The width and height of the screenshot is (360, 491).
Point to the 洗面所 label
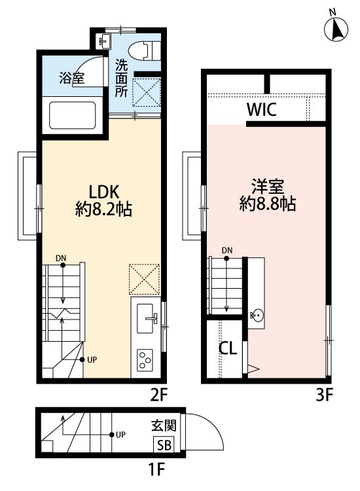tap(122, 78)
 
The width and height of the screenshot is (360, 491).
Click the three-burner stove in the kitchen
tap(145, 360)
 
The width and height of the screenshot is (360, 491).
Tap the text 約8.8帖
tap(267, 204)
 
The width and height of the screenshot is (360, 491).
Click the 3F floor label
tap(325, 395)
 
